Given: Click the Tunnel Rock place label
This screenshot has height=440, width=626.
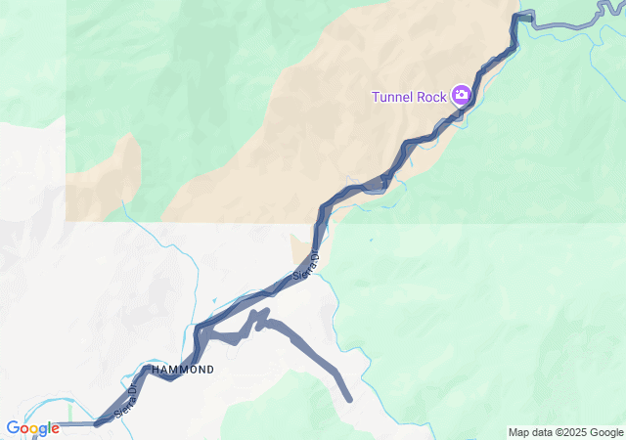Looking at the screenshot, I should coord(409,96).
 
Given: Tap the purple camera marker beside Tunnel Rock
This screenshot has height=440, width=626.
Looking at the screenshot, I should coord(461,95).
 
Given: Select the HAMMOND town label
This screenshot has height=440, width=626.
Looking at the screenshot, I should coord(181,371).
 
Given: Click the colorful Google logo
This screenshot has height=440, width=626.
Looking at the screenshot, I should coord(32,428).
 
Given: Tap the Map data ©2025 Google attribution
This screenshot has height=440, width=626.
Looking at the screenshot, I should coord(565,432).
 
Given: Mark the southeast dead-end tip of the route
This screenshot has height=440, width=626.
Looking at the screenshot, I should coord(349,398).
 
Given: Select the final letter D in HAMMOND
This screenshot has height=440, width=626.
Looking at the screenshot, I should coord(209,371).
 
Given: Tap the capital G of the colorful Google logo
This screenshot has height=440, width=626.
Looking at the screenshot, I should coord(13,427).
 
